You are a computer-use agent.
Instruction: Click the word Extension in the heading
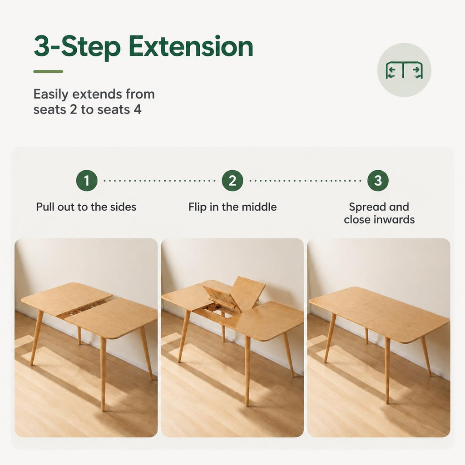coord(191,46)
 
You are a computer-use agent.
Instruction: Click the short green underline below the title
coord(48,71)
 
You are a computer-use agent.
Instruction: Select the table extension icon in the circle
coord(404,70)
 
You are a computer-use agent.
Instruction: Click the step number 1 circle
coord(87,181)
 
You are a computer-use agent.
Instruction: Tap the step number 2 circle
coord(232,181)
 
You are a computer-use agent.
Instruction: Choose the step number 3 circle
coord(378,181)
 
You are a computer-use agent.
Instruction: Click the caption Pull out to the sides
coord(86,207)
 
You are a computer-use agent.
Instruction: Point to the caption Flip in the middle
coord(232,207)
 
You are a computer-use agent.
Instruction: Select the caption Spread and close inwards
coord(379,213)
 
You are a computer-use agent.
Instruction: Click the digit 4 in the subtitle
coord(137,109)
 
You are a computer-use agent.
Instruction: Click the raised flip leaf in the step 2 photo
coord(247,292)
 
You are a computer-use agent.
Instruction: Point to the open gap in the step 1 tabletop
coord(84,308)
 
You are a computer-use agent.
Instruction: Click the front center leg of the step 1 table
coord(103,374)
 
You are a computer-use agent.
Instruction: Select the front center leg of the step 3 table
coord(387,370)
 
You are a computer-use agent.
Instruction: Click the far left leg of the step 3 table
coord(330,337)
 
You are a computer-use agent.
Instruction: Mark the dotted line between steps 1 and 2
coord(159,181)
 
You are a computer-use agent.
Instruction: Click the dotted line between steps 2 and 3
coord(305,181)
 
